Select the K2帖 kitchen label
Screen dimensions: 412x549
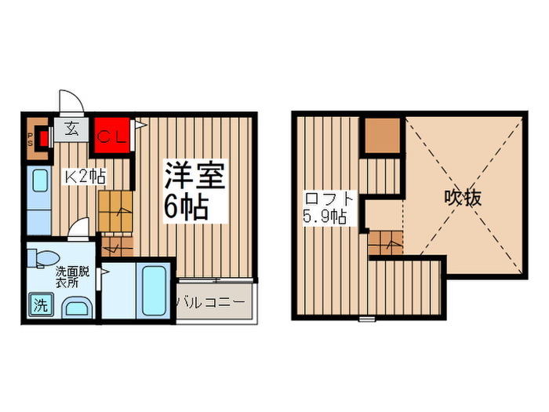[84, 177]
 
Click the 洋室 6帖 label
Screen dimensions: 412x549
[194, 191]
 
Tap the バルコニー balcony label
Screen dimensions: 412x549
[214, 301]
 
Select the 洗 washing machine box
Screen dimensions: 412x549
[40, 304]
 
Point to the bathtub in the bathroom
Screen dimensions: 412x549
[153, 290]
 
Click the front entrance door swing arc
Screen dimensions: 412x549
[70, 104]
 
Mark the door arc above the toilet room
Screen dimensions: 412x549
[78, 232]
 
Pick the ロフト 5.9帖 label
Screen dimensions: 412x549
[325, 207]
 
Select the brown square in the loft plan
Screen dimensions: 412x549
[382, 136]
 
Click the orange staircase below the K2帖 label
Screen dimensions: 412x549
[115, 211]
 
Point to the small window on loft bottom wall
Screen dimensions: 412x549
[366, 319]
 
